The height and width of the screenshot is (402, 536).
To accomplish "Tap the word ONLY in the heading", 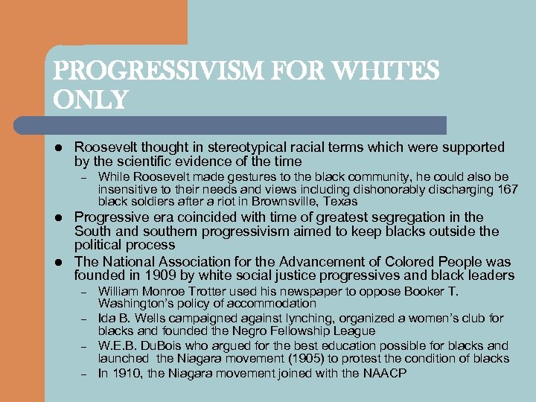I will (91, 99).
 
